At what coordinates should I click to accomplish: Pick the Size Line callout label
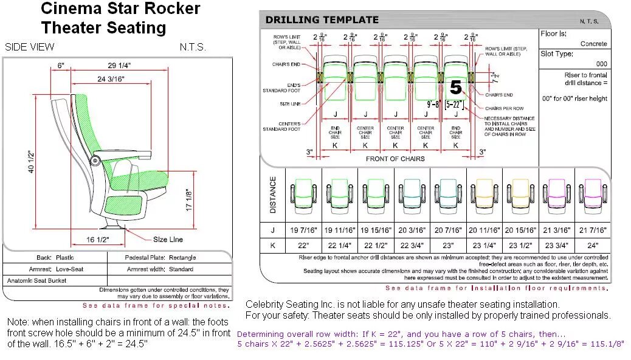168,240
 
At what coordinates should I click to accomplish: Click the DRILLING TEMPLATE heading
322,20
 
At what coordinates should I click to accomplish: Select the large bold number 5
456,88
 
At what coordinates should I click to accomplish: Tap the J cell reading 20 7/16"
448,230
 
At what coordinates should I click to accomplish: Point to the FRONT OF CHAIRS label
395,159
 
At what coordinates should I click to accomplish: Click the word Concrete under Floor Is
593,44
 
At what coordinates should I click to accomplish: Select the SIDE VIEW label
29,47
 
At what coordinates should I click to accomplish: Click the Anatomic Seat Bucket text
36,281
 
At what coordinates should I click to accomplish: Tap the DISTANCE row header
273,195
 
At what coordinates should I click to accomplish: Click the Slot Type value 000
601,64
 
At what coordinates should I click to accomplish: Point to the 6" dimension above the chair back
61,64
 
